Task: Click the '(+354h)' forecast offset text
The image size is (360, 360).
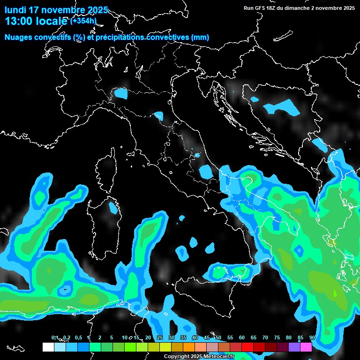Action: pos(83,21)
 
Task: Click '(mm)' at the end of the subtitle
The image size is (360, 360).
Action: pos(200,37)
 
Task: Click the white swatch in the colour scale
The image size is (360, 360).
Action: pos(48,347)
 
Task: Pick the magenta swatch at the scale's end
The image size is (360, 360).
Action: pos(306,347)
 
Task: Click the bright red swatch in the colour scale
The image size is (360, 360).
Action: pos(247,347)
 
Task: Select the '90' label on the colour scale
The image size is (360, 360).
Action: pos(312,338)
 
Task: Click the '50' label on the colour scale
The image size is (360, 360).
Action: pos(218,338)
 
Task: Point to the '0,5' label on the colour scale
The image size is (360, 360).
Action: pos(78,338)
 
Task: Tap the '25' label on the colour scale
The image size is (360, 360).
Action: pos(160,338)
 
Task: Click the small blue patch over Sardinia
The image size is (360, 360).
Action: pos(113,207)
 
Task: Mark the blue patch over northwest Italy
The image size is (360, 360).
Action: pos(121,94)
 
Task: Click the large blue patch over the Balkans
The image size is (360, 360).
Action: pos(282,107)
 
